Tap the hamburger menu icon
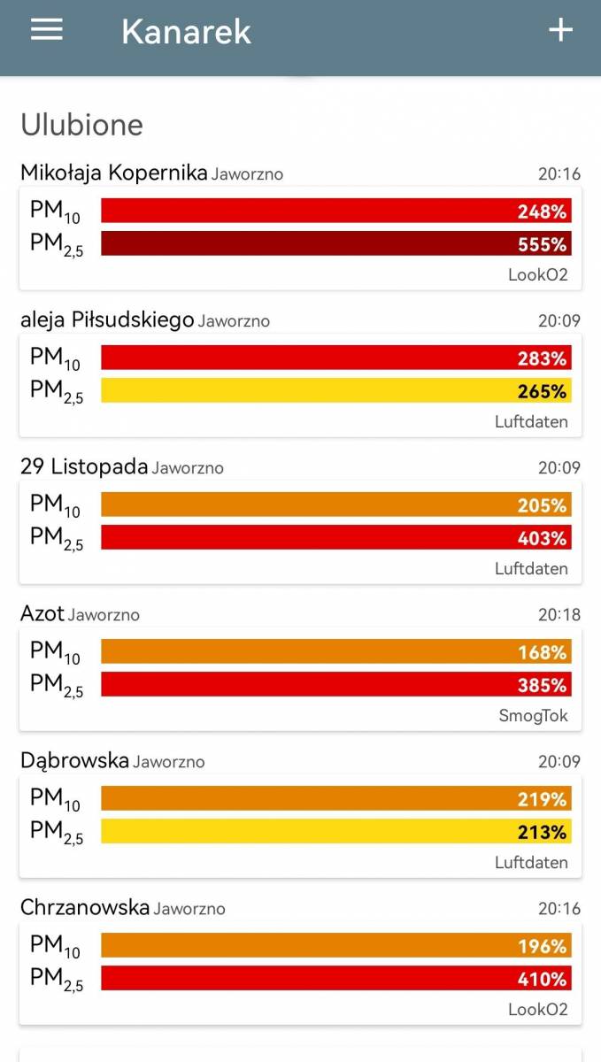[x=47, y=29]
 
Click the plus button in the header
[x=560, y=30]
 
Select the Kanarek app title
[x=186, y=32]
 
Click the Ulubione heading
[x=81, y=125]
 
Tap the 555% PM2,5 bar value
[x=542, y=244]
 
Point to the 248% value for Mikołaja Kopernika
[x=542, y=212]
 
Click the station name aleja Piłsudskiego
[x=107, y=319]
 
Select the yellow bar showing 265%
[x=336, y=390]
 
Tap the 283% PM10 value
[x=542, y=358]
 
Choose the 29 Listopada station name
[x=84, y=466]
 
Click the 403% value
[x=542, y=538]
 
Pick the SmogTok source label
[x=533, y=715]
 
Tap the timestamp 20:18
[x=559, y=614]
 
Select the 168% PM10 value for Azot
[x=542, y=652]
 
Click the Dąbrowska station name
[x=74, y=760]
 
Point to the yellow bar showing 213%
[x=336, y=831]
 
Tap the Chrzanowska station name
[x=85, y=907]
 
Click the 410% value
[x=542, y=979]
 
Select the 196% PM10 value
[x=542, y=946]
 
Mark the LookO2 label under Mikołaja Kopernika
[x=537, y=274]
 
